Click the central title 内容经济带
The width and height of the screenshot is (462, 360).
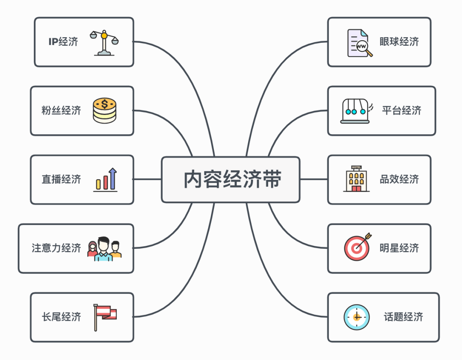pyautogui.click(x=232, y=180)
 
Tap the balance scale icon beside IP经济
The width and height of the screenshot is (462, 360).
pyautogui.click(x=104, y=42)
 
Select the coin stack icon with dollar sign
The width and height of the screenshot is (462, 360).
pyautogui.click(x=104, y=111)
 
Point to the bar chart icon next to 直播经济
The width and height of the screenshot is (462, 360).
pyautogui.click(x=106, y=180)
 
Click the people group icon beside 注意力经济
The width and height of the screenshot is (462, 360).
pyautogui.click(x=104, y=249)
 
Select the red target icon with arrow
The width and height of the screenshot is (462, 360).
pyautogui.click(x=357, y=248)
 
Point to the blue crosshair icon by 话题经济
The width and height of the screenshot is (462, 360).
pyautogui.click(x=357, y=317)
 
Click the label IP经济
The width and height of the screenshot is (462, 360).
pyautogui.click(x=63, y=42)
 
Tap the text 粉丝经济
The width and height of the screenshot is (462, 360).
pyautogui.click(x=61, y=110)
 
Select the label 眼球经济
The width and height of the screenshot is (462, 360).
pyautogui.click(x=399, y=41)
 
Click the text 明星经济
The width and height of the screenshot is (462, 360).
pyautogui.click(x=399, y=248)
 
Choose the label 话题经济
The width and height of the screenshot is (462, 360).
pyautogui.click(x=403, y=317)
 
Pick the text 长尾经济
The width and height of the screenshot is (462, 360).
pyautogui.click(x=61, y=317)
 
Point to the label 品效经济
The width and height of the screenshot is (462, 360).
pyautogui.click(x=399, y=179)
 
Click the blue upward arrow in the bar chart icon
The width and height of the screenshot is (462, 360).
pyautogui.click(x=113, y=178)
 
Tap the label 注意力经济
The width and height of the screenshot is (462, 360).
pyautogui.click(x=56, y=248)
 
